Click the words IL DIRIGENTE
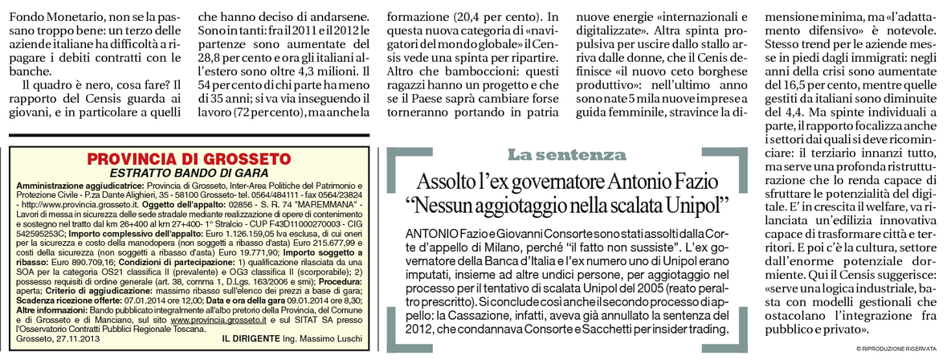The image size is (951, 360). [250, 340]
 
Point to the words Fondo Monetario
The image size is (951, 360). [47, 14]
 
